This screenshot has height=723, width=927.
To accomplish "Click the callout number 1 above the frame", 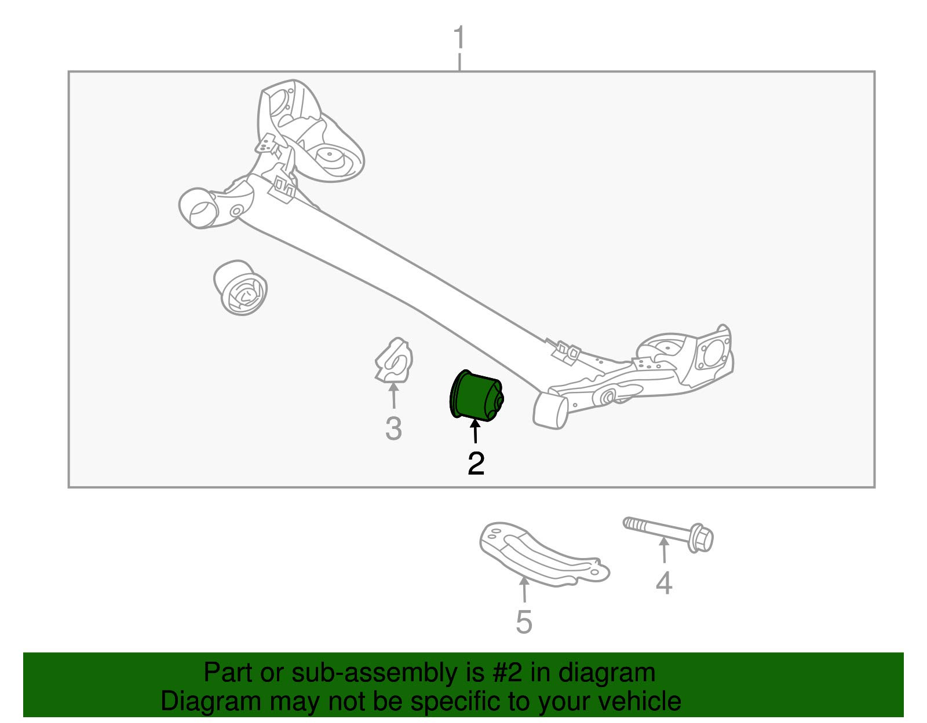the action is pyautogui.click(x=459, y=38).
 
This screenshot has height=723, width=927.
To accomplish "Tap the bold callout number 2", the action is pyautogui.click(x=476, y=464).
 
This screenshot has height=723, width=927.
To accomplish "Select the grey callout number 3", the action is pyautogui.click(x=393, y=429).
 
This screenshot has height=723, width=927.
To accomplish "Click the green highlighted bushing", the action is pyautogui.click(x=476, y=397).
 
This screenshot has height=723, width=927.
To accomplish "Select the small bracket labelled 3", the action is pyautogui.click(x=393, y=362).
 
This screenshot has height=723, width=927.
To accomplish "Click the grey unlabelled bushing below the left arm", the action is pyautogui.click(x=240, y=288).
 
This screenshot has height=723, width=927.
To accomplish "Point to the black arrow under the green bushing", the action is pyautogui.click(x=475, y=432).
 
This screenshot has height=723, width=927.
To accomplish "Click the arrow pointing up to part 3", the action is pyautogui.click(x=393, y=397).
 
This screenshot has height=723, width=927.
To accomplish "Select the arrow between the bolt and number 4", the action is pyautogui.click(x=664, y=550).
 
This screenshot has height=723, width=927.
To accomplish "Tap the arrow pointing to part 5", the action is pyautogui.click(x=524, y=590).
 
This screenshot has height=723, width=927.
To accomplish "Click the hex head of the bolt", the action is pyautogui.click(x=702, y=540).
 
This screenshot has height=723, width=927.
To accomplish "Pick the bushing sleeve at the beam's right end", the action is pyautogui.click(x=550, y=410).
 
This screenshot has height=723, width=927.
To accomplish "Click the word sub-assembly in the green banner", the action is pyautogui.click(x=346, y=673).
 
